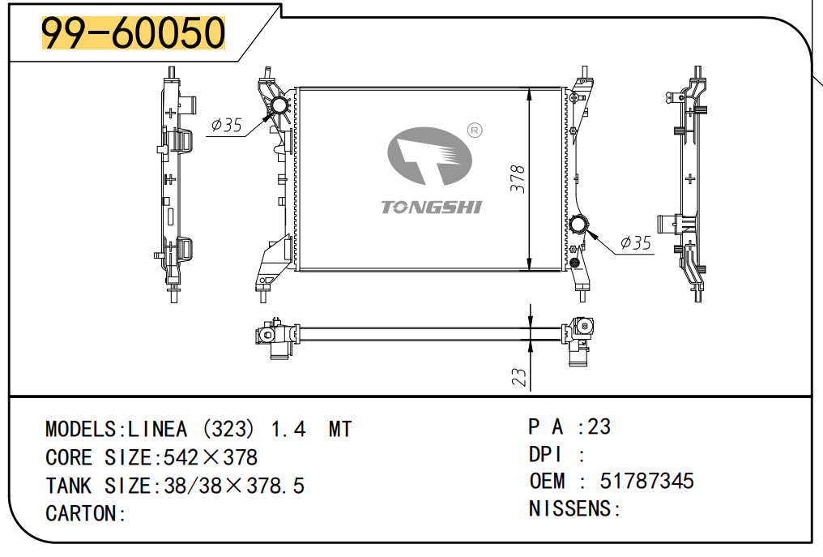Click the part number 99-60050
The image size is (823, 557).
pyautogui.click(x=134, y=32)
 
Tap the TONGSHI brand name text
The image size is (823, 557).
pyautogui.click(x=431, y=207)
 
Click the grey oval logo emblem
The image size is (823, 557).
pyautogui.click(x=429, y=156)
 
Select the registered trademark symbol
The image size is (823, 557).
pyautogui.click(x=475, y=131)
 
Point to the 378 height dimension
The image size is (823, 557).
pyautogui.click(x=518, y=178)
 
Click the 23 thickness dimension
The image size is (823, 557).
pyautogui.click(x=518, y=376)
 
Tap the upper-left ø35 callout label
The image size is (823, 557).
pyautogui.click(x=226, y=125)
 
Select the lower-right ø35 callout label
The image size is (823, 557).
pyautogui.click(x=636, y=242)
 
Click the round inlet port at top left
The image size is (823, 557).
pyautogui.click(x=278, y=107)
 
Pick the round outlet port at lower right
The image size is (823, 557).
pyautogui.click(x=579, y=225)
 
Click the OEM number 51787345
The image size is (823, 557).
pyautogui.click(x=646, y=481)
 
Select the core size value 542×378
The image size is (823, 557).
pyautogui.click(x=211, y=458)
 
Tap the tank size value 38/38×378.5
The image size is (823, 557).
pyautogui.click(x=234, y=486)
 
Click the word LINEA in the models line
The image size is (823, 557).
pyautogui.click(x=157, y=430)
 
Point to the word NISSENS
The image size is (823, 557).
pyautogui.click(x=570, y=508)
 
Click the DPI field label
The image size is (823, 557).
pyautogui.click(x=545, y=455)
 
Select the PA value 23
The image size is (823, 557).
pyautogui.click(x=599, y=426)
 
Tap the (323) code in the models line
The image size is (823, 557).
pyautogui.click(x=228, y=430)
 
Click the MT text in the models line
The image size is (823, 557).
pyautogui.click(x=340, y=430)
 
